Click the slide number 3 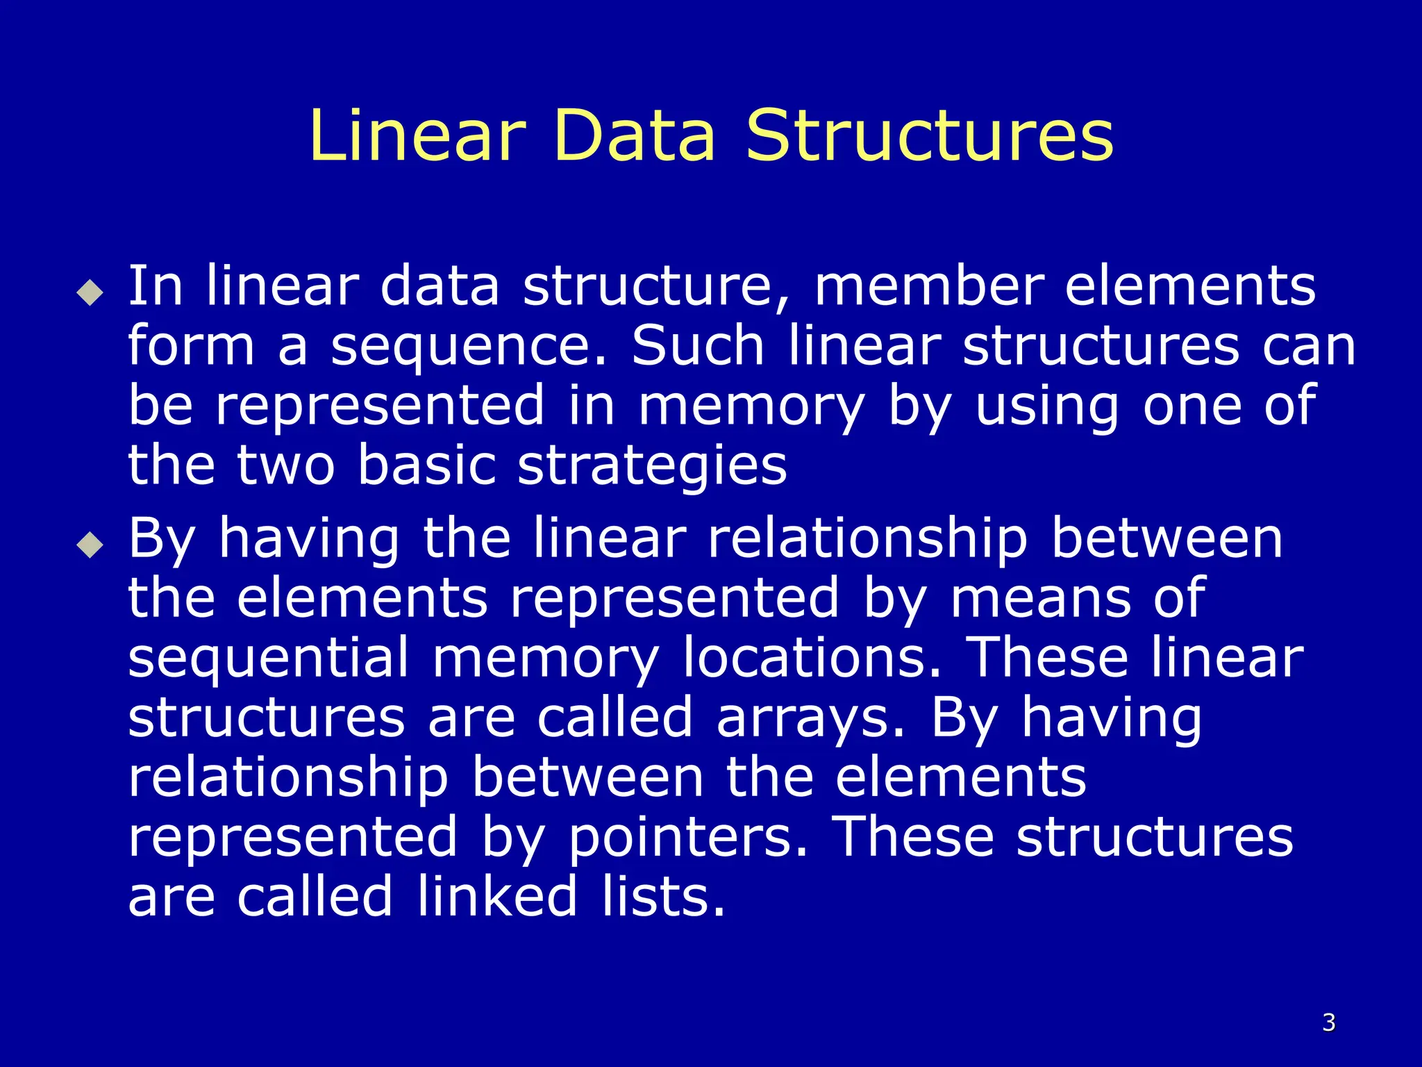(x=1328, y=1022)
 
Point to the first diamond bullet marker (x=90, y=292)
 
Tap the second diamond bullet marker (x=90, y=545)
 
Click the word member (x=929, y=286)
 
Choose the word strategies (x=652, y=466)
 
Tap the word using (x=1047, y=407)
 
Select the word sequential (x=269, y=658)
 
